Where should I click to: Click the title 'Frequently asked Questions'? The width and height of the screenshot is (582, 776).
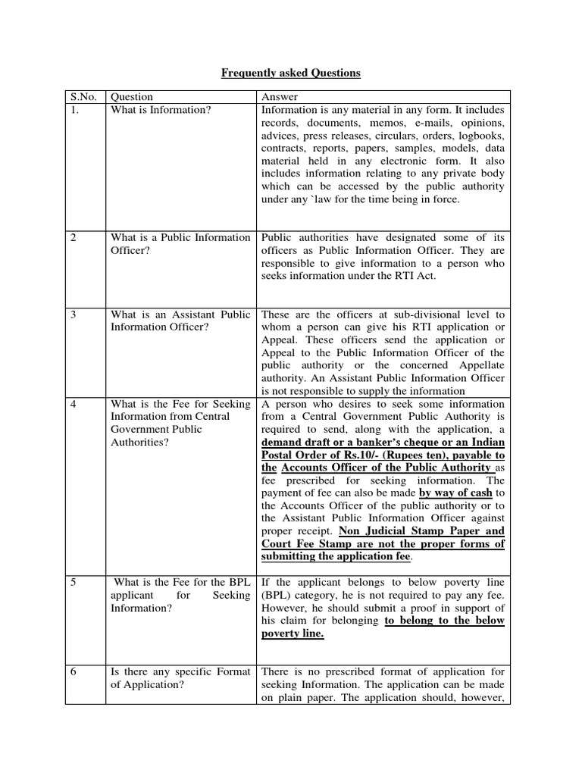[291, 74]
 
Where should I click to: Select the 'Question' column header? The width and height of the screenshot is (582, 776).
[132, 97]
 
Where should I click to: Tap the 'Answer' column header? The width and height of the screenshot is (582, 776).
[280, 97]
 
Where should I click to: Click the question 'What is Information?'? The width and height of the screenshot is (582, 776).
[161, 110]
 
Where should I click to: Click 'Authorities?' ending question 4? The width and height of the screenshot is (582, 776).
[140, 443]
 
